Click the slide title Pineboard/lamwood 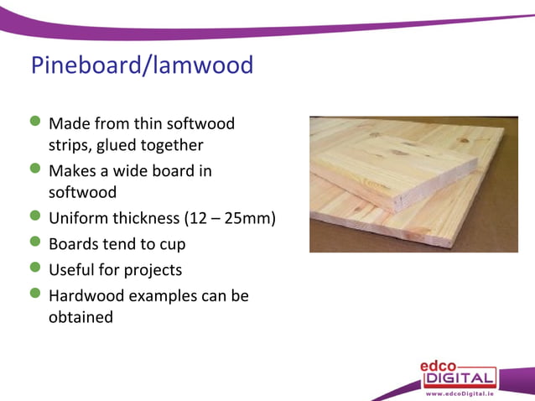[x=142, y=65]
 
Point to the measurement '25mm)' [x=253, y=219]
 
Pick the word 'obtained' [x=81, y=318]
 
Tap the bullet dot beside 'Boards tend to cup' [x=35, y=243]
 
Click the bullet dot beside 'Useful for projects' [x=35, y=269]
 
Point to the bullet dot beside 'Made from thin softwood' [x=35, y=123]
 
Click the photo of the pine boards [x=402, y=184]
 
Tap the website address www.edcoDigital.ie [x=460, y=393]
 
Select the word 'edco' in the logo [x=439, y=365]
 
